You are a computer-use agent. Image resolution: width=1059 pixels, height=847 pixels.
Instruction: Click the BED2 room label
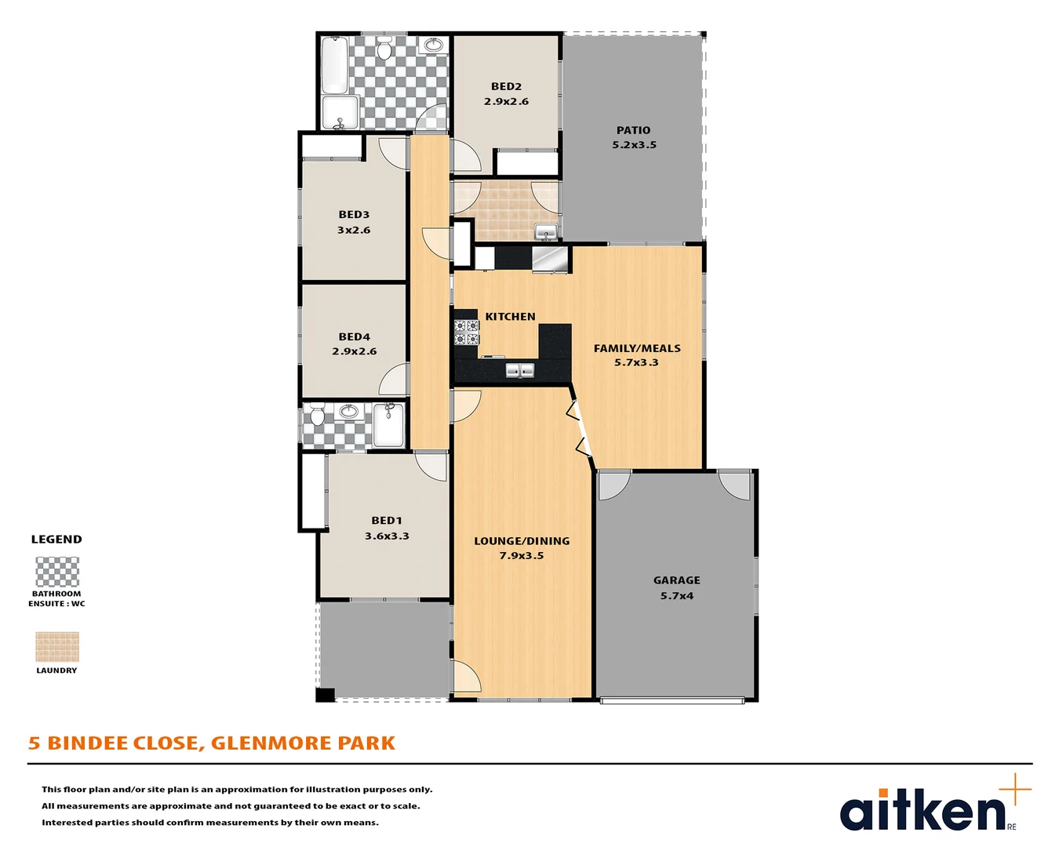click(x=506, y=86)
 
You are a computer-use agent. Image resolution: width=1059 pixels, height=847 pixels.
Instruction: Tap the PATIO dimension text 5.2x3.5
click(x=634, y=145)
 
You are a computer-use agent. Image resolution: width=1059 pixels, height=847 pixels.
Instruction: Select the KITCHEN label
click(x=510, y=317)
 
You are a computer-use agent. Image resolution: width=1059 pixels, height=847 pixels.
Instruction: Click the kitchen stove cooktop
click(x=467, y=333)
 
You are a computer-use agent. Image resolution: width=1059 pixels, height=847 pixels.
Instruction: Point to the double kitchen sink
click(x=519, y=370)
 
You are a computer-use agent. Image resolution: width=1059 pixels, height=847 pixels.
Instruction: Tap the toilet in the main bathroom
click(x=384, y=50)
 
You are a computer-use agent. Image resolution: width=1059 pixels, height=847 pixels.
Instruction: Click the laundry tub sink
click(x=546, y=232)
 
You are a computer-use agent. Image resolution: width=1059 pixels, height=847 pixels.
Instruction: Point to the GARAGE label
click(x=676, y=580)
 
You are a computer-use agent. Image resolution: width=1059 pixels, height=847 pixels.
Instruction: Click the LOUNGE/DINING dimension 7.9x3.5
click(x=522, y=556)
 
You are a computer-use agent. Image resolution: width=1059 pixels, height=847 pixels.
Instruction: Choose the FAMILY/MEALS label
click(x=637, y=348)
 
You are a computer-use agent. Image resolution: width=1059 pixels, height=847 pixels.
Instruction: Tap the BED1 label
click(x=387, y=521)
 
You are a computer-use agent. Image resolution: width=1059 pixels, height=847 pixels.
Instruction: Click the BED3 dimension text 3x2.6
click(x=354, y=231)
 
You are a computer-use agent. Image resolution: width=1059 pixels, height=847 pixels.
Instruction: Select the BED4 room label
click(x=354, y=336)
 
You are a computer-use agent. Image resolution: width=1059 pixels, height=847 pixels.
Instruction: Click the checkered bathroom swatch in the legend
click(x=57, y=572)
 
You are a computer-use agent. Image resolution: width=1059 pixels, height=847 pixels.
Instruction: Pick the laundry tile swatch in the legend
click(x=57, y=647)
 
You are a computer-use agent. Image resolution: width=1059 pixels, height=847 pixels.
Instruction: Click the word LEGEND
click(x=56, y=540)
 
